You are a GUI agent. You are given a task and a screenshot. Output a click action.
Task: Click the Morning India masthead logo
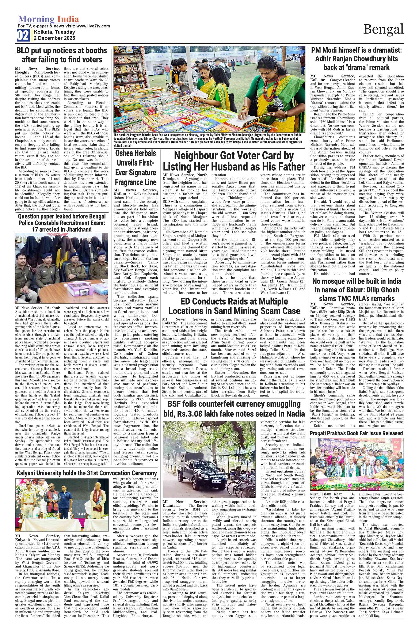coord(48,19)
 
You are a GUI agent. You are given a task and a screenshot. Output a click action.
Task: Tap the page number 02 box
coord(23,35)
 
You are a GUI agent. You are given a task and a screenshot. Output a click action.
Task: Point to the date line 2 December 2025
coord(54,38)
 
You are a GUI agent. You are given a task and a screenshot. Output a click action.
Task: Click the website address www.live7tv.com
coord(93,26)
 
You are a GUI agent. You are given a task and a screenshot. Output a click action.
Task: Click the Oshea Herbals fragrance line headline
coord(136,168)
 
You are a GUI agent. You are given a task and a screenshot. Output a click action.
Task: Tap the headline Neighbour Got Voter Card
coord(234,161)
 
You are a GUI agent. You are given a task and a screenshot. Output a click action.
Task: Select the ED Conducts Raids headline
coord(234,306)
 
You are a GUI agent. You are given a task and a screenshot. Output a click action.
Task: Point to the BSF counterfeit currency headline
coord(234,409)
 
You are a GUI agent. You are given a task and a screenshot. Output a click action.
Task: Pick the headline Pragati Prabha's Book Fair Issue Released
coord(357,433)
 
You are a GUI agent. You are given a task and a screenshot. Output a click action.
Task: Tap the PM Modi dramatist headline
coord(357,59)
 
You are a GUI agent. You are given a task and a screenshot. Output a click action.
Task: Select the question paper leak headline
coord(62,223)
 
